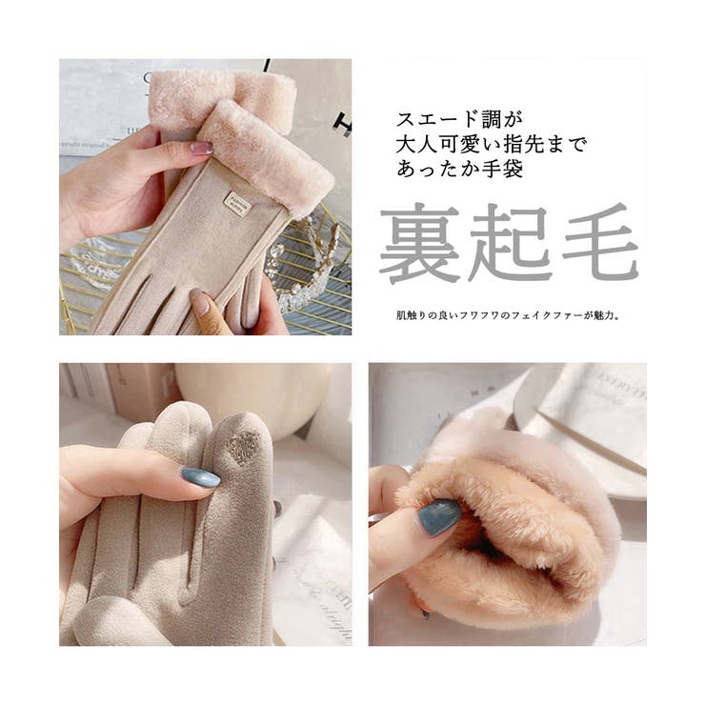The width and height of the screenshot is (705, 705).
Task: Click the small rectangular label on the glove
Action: click(234, 201)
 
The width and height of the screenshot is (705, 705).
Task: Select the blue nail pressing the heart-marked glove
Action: click(201, 476)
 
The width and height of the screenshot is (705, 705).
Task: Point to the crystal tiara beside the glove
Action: click(307, 266)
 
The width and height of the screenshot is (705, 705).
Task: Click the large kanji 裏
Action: click(420, 244)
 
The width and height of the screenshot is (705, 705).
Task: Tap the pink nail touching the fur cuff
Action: click(201, 149)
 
